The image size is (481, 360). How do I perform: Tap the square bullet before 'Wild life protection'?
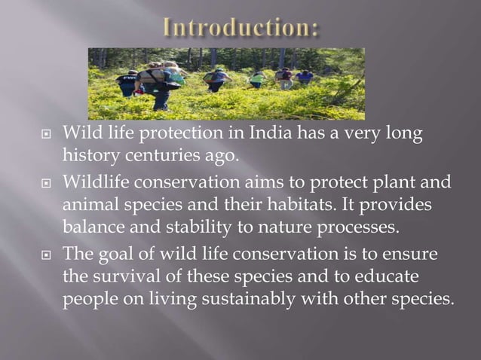click(44, 136)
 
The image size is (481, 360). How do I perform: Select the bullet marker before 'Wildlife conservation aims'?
click(44, 183)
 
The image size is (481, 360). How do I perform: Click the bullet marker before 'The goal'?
click(44, 253)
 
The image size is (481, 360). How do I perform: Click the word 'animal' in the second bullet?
click(87, 204)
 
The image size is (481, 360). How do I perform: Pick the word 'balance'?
click(91, 227)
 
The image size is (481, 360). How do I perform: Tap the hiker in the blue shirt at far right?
click(305, 76)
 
